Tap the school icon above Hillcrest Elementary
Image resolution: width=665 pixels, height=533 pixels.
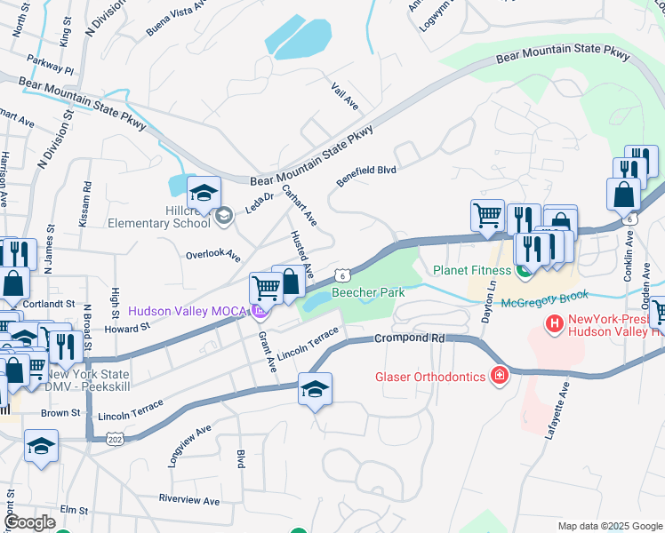204,193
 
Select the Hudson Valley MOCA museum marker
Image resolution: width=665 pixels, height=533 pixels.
259,311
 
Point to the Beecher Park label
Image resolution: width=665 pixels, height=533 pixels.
368,292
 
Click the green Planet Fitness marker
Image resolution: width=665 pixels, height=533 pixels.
525,270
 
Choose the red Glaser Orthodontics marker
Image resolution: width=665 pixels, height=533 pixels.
500,377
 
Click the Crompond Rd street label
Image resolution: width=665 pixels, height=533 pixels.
409,338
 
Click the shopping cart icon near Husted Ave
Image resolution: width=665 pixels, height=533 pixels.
266,288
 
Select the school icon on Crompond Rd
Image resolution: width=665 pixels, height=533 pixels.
314,390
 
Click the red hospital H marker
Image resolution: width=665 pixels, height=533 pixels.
555,324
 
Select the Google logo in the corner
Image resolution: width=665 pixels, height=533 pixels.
30,521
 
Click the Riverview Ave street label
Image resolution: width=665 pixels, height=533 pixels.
188,500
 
